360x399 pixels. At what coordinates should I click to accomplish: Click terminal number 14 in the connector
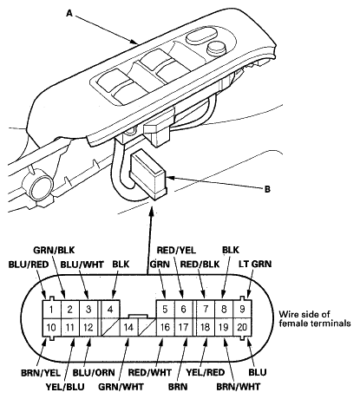coord(128,327)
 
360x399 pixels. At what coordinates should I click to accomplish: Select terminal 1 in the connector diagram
coord(51,310)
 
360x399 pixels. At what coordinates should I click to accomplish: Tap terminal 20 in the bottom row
coord(242,327)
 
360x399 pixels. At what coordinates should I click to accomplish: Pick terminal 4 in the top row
coord(110,310)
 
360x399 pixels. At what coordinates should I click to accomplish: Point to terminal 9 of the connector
coord(242,310)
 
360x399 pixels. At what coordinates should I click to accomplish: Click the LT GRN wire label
coord(255,264)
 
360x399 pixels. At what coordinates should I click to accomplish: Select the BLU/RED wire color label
coord(29,265)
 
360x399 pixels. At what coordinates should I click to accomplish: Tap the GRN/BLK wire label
coord(54,250)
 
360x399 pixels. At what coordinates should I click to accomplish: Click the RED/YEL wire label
coord(176,250)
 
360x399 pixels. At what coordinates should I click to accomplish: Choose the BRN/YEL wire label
coord(41,373)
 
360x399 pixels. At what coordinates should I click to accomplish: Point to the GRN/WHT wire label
coord(121,387)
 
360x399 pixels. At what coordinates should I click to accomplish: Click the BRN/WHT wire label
coord(239,387)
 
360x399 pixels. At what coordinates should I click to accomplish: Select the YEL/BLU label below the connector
coord(65,387)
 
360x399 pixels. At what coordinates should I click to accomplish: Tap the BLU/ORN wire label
coord(94,373)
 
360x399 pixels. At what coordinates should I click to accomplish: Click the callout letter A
coord(69,13)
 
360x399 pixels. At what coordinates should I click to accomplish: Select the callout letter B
coord(267,189)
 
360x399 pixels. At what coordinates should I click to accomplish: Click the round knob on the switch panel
coord(217,48)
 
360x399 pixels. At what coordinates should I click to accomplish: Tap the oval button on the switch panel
coord(202,36)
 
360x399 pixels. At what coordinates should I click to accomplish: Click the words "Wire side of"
coord(304,314)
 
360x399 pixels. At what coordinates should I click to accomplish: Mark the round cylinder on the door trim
coord(41,186)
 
